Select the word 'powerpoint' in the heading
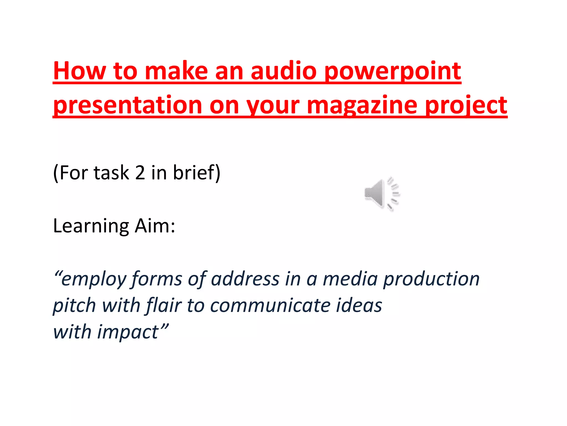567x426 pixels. pos(393,72)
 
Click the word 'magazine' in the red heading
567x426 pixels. pos(362,105)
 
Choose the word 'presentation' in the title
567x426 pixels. pos(127,105)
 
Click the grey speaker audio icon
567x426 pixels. pos(382,194)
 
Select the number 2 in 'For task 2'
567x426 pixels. pos(140,173)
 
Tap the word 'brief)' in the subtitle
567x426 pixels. pos(197,173)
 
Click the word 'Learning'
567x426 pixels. pos(91,226)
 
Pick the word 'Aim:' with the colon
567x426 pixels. pos(155,226)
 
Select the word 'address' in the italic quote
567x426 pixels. pos(245,279)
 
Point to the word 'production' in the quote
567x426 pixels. pos(431,279)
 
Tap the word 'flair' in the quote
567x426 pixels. pos(164,305)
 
